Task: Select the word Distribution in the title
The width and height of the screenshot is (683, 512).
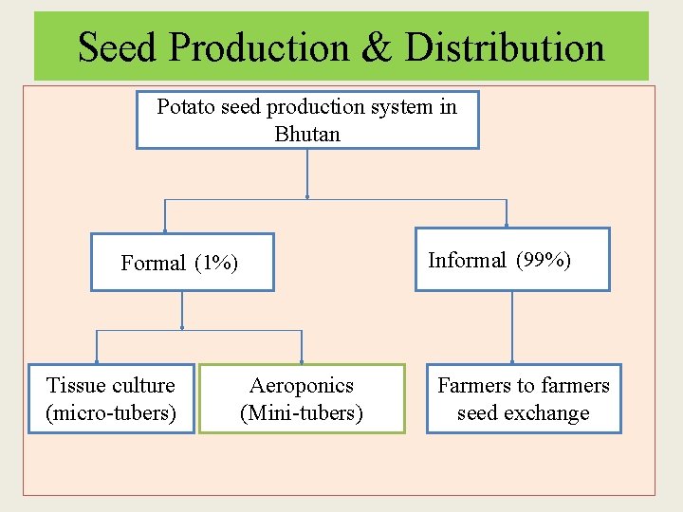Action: [505, 46]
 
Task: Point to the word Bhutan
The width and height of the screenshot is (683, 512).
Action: [307, 135]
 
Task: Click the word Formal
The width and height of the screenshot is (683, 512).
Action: [153, 264]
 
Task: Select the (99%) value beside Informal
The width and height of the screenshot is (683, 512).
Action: [544, 260]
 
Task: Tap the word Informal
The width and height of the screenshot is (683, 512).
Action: [467, 260]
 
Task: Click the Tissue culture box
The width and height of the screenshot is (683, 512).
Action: [112, 399]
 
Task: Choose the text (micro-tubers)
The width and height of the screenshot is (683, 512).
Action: [111, 413]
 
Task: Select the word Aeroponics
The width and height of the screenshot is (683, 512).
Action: [302, 386]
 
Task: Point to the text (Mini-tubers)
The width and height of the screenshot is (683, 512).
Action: [302, 413]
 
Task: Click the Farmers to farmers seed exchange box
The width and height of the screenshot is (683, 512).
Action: [524, 399]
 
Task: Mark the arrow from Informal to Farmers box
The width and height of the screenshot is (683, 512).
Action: [512, 327]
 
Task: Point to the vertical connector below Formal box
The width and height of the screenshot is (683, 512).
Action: [182, 310]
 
